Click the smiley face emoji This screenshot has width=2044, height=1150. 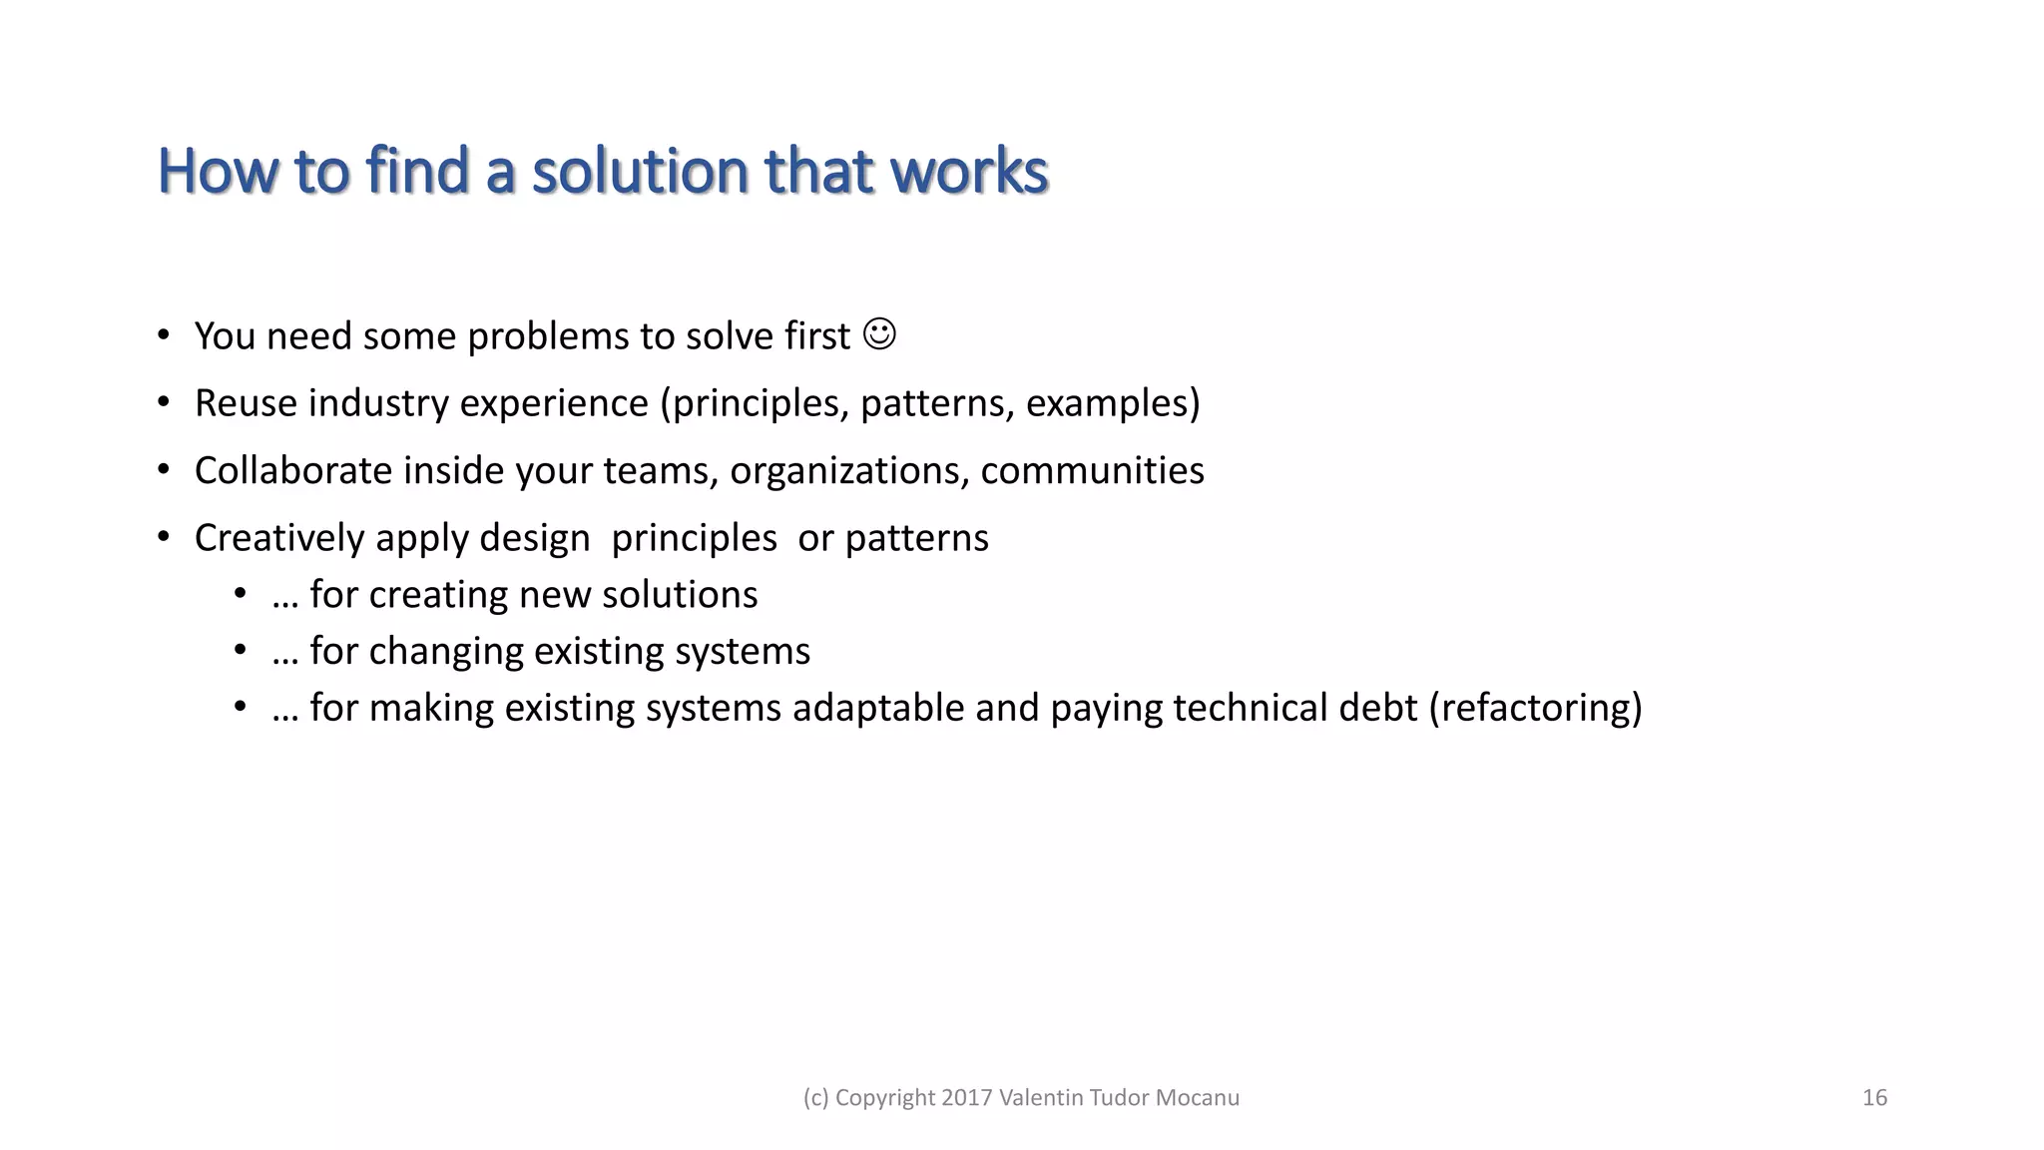(879, 334)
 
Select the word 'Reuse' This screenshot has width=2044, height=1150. (246, 403)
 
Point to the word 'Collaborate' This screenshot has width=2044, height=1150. (293, 470)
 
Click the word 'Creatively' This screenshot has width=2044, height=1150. (279, 538)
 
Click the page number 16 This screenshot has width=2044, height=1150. (1874, 1098)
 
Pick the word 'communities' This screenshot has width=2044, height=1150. (1092, 470)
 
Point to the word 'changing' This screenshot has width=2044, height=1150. (446, 652)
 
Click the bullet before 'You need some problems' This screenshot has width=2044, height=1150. (164, 335)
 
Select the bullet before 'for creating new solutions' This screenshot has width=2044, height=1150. (240, 595)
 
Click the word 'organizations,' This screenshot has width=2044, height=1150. (849, 470)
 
